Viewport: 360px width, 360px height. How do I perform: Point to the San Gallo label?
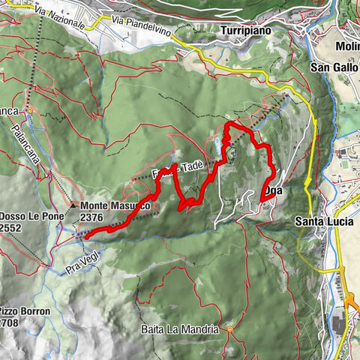pyautogui.click(x=334, y=67)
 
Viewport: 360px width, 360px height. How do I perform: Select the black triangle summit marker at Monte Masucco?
pyautogui.click(x=73, y=205)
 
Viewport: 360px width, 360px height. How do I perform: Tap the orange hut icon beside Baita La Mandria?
pyautogui.click(x=229, y=328)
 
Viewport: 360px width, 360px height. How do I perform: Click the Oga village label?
pyautogui.click(x=274, y=192)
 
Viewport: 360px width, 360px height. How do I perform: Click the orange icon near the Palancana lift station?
pyautogui.click(x=31, y=111)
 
